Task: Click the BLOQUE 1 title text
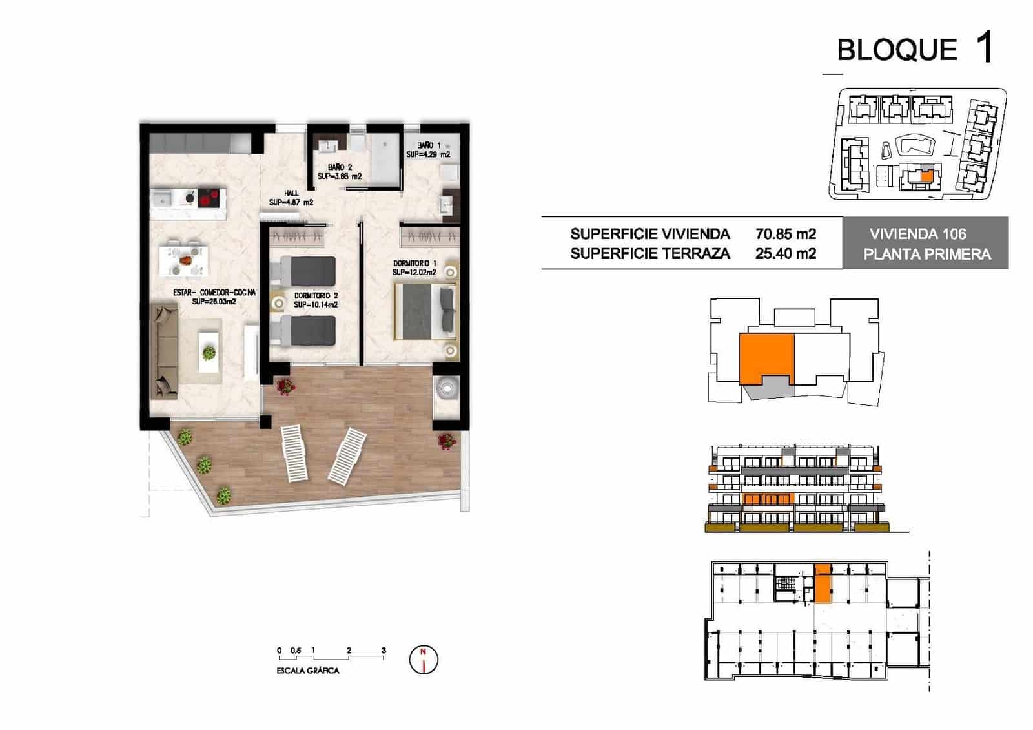(x=914, y=49)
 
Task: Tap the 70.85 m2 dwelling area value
(x=785, y=234)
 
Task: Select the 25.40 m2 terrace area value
(x=785, y=254)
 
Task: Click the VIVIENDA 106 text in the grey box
(x=917, y=234)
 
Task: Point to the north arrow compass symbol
(x=424, y=660)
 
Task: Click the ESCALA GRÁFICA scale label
(x=307, y=671)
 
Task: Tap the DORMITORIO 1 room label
(x=414, y=264)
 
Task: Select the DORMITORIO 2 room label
(x=316, y=296)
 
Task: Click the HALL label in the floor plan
(x=291, y=193)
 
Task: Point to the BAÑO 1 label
(x=429, y=146)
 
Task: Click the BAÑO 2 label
(x=340, y=167)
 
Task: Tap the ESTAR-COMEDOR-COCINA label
(x=214, y=293)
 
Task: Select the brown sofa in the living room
(x=164, y=351)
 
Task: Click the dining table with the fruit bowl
(x=185, y=260)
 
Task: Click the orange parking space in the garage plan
(x=822, y=583)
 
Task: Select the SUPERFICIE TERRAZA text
(x=649, y=254)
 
